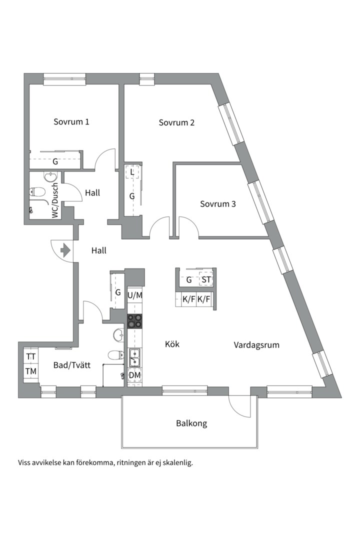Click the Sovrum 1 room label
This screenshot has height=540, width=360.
(x=71, y=121)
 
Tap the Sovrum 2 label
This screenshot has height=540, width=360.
(x=176, y=122)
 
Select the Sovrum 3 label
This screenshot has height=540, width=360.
(x=217, y=204)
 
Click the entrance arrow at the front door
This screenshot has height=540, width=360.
(x=65, y=250)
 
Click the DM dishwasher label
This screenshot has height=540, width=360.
(x=134, y=374)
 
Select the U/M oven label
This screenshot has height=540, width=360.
(x=134, y=295)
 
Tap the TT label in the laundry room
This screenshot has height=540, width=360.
(x=31, y=356)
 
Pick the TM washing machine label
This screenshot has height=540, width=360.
(x=31, y=371)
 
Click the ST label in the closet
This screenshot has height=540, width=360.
(x=206, y=279)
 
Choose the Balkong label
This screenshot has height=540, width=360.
(x=191, y=423)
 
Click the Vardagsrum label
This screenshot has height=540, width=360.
(x=256, y=344)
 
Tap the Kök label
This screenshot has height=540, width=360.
(x=172, y=344)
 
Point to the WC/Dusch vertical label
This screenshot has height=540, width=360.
(x=55, y=200)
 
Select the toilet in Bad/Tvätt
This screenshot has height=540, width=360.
(x=116, y=354)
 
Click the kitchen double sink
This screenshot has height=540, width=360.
(x=134, y=357)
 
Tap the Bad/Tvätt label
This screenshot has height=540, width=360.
(x=71, y=365)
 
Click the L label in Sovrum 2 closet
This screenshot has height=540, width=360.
(x=132, y=171)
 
